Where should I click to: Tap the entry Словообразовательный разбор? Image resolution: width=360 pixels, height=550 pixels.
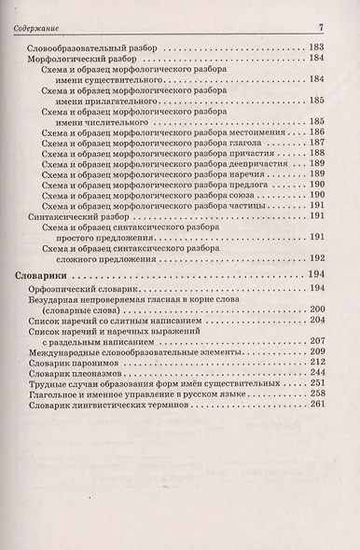coord(90,46)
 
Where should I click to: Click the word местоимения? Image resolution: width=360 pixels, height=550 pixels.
coord(252,133)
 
